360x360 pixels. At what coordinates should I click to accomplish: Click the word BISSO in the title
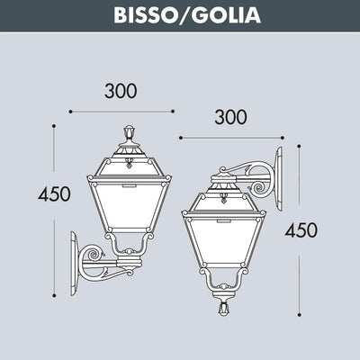144,14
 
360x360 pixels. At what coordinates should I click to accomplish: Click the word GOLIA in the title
226,14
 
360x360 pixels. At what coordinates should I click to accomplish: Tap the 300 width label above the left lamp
121,91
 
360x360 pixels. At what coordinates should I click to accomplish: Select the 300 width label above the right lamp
230,117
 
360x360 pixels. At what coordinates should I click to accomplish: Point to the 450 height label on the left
54,193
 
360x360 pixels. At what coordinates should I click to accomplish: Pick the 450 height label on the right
301,230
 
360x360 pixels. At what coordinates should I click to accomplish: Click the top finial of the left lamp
130,132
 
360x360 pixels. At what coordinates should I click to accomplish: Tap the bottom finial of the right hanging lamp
223,308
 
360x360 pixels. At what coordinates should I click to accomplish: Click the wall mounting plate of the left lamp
74,264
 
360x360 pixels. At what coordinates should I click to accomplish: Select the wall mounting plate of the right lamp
279,178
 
